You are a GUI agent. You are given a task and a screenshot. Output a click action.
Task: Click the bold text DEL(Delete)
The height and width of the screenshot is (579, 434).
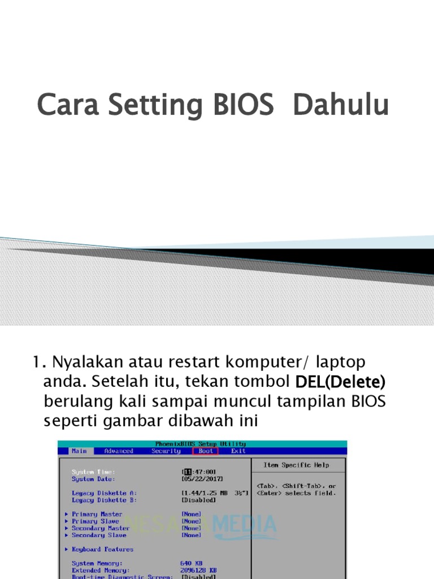340,382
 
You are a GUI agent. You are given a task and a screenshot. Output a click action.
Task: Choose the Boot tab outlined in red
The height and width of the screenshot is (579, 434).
206,451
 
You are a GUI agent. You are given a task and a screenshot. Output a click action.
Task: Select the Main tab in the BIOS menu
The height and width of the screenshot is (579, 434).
79,451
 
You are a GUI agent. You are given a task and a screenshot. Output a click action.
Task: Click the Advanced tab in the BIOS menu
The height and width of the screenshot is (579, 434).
119,451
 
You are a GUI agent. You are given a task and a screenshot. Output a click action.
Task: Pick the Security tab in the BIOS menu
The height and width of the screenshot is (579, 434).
166,451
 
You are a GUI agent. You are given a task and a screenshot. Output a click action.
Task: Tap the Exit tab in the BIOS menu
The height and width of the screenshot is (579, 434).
238,451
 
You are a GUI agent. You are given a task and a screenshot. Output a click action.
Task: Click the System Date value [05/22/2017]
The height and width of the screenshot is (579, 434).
198,479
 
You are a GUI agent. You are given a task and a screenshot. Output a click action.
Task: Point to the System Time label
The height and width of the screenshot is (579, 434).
93,472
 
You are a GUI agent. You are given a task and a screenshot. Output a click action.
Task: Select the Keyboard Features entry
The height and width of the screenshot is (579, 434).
102,549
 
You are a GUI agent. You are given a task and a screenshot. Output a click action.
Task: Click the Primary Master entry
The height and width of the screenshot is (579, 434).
97,514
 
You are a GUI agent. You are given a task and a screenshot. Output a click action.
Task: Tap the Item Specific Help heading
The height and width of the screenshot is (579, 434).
296,465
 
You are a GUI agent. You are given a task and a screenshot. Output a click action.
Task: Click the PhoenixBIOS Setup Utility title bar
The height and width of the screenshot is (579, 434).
201,444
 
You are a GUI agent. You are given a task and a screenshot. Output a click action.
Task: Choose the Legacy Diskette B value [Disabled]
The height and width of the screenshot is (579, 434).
198,500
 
